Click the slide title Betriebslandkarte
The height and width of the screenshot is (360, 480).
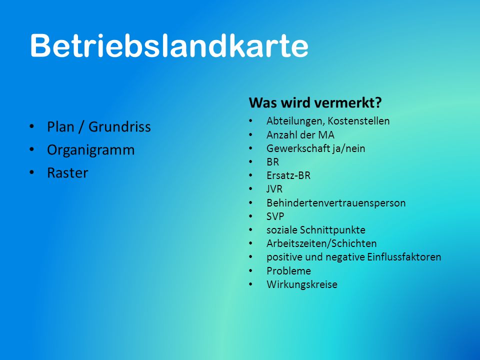coord(169,45)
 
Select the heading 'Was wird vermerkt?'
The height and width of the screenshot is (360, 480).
coord(315,102)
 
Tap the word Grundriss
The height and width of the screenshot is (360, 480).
coord(119,126)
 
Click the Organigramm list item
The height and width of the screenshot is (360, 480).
coord(90,150)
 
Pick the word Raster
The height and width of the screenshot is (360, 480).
coord(67,173)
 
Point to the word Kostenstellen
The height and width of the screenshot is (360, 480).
coord(358,121)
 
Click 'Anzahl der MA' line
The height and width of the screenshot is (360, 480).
coord(300,134)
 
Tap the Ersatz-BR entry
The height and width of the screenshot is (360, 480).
coord(288,175)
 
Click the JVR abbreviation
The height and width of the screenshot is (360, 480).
coord(274,189)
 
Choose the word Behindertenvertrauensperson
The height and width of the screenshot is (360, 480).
coord(336,203)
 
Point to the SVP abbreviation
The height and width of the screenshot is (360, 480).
coord(275,216)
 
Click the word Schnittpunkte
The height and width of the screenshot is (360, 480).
coord(332,230)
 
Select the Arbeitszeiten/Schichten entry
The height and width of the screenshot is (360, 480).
coord(321,243)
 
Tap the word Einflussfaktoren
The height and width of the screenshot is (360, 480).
coord(404,257)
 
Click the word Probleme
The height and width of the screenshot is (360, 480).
coord(288,270)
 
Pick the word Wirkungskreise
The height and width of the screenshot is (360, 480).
coord(302,284)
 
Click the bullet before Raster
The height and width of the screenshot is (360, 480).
coord(32,172)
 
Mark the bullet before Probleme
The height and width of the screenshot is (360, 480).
coord(250,270)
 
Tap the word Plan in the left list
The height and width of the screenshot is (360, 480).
coord(60,126)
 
